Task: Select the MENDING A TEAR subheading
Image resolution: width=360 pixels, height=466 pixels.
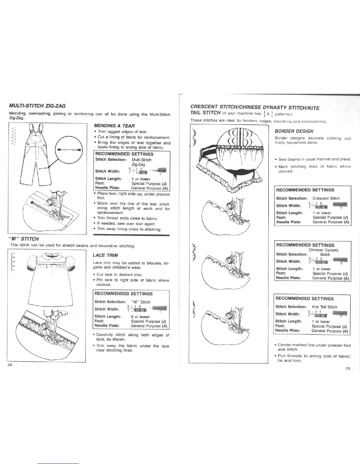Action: pos(110,126)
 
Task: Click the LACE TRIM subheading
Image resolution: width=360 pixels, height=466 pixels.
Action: pos(105,255)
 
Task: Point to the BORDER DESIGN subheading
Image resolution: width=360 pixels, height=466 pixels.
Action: pos(294,131)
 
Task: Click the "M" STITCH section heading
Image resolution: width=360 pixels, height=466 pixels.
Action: pos(24,239)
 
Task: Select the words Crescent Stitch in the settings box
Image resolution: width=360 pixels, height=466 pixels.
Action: pos(326,198)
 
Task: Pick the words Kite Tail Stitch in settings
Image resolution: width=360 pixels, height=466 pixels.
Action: pos(324,307)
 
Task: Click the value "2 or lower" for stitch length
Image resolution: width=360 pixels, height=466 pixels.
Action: pos(140,317)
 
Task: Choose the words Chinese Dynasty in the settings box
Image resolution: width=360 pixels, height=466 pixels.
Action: pos(323,250)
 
